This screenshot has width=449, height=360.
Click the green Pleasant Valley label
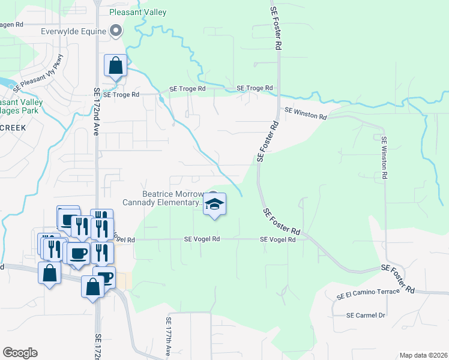pyautogui.click(x=137, y=12)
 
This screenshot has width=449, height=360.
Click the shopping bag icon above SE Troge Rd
pyautogui.click(x=115, y=65)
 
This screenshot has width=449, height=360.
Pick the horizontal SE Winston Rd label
pyautogui.click(x=306, y=111)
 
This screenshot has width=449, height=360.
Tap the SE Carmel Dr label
pyautogui.click(x=366, y=315)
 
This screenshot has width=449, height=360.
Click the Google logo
pyautogui.click(x=20, y=353)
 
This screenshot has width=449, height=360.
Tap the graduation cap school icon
pyautogui.click(x=214, y=205)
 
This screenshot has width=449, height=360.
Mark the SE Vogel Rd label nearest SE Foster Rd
pyautogui.click(x=278, y=239)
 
